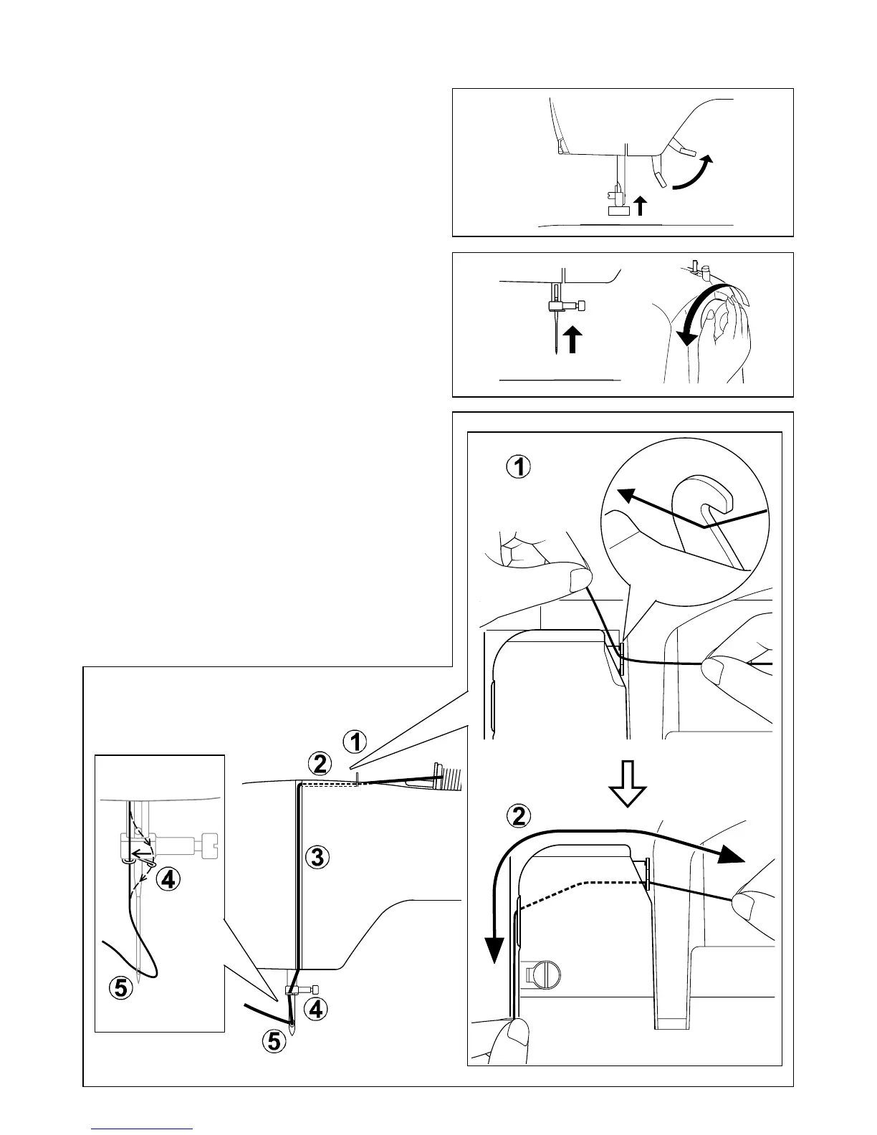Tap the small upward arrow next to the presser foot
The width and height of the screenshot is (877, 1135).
641,206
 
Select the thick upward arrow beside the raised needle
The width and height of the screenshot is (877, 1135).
571,340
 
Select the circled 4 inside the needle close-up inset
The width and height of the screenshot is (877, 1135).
168,879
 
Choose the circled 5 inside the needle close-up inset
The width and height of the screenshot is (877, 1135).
121,989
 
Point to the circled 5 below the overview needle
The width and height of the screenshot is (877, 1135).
274,1040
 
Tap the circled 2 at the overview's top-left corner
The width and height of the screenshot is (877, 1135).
320,764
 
